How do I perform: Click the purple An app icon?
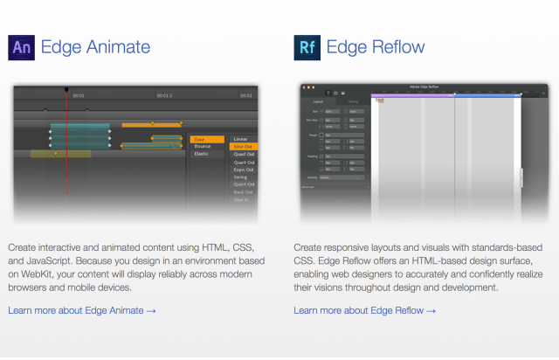click(21, 47)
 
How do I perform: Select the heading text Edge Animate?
click(95, 47)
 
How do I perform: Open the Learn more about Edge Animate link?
click(82, 310)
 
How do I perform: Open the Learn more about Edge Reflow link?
click(365, 310)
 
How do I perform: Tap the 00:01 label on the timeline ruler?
click(79, 95)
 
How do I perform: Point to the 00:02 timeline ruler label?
click(246, 95)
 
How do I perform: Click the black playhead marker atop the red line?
click(66, 89)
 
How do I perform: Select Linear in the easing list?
click(241, 139)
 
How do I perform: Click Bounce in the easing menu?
click(204, 147)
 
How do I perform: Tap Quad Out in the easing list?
click(244, 155)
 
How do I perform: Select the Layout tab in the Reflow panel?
click(319, 102)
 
